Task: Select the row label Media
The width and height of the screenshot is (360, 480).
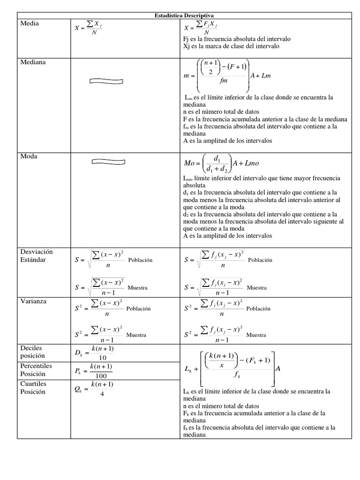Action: (x=30, y=24)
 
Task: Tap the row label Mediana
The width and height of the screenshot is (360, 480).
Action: (x=33, y=61)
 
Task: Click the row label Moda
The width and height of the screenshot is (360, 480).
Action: (x=29, y=156)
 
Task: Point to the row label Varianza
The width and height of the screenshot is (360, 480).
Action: (x=33, y=301)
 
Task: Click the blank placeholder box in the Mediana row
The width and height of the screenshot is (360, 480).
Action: (x=106, y=81)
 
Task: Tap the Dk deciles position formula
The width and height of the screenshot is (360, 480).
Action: (x=94, y=352)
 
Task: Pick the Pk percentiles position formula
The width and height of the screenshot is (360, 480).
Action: (x=94, y=370)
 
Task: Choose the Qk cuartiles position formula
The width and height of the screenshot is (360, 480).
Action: (x=94, y=388)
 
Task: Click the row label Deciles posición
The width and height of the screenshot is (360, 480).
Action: (x=33, y=352)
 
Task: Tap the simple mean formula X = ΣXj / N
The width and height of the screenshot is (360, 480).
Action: (x=88, y=28)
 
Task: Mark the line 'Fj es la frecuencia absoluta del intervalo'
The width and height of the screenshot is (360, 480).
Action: (x=237, y=39)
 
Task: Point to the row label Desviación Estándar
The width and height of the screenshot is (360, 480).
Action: (x=37, y=255)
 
